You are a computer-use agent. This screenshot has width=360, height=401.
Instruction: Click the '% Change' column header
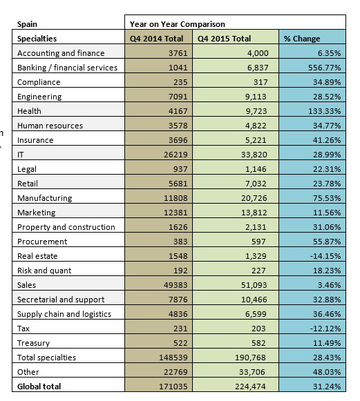[x=302, y=39]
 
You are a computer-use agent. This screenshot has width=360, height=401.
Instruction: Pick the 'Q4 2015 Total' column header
[x=224, y=39]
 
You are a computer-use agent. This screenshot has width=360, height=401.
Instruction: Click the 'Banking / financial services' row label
[x=67, y=68]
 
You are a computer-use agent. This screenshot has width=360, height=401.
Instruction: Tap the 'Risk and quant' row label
[x=44, y=271]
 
